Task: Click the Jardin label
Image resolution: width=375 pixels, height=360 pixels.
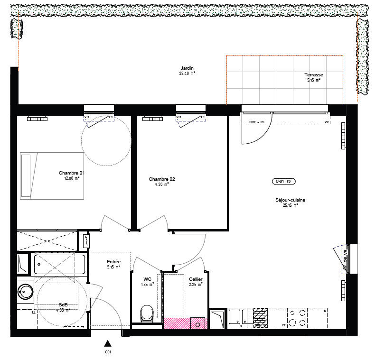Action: tap(187, 68)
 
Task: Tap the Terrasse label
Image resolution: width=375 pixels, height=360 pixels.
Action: tap(314, 75)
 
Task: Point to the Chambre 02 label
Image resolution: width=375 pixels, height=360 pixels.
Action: tap(162, 179)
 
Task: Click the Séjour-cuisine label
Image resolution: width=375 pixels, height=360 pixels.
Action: tap(290, 200)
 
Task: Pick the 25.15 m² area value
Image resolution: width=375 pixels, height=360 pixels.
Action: tap(290, 205)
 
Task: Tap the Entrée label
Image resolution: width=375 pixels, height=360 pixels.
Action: tap(114, 262)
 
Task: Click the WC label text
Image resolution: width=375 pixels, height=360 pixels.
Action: tap(147, 279)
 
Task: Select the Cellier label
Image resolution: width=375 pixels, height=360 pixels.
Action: tap(196, 279)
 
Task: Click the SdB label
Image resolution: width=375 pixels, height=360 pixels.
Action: tap(63, 305)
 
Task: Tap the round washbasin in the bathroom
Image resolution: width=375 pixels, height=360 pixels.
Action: tap(26, 291)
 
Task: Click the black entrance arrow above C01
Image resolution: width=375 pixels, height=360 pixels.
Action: tap(108, 343)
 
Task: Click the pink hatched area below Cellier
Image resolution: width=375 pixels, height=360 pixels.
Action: tap(186, 323)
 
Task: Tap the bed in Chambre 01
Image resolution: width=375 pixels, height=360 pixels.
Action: tap(52, 175)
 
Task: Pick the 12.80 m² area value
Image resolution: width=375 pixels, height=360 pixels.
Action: tap(71, 178)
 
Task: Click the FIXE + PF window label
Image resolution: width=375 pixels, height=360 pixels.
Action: tap(256, 122)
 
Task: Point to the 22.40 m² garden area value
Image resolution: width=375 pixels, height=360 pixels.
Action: tap(187, 74)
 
